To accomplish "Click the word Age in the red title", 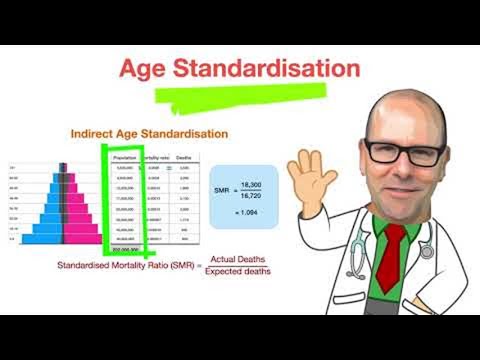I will tap(146, 68).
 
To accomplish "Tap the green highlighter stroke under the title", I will tap(240, 96).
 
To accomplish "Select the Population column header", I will tap(125, 158).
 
